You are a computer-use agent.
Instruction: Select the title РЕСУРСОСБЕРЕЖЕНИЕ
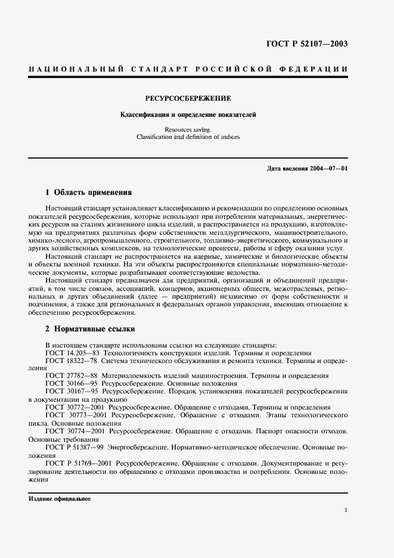click(188, 98)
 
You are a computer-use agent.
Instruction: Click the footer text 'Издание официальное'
click(58, 498)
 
